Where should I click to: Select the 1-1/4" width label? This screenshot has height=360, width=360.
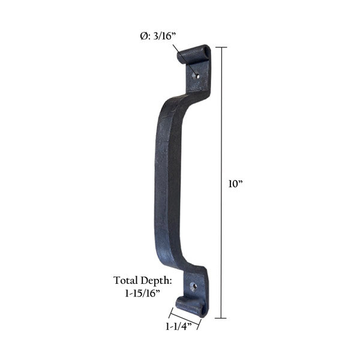tap(178, 328)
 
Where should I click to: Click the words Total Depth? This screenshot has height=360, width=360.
tap(143, 280)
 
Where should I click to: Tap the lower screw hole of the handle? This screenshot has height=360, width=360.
tap(193, 287)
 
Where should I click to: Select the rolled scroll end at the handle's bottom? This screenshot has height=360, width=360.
tap(191, 307)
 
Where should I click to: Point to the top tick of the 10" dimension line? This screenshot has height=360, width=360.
tap(223, 47)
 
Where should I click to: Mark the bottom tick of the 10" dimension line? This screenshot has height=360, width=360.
tap(223, 318)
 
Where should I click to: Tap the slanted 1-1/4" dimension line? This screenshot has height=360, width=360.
tap(184, 319)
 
